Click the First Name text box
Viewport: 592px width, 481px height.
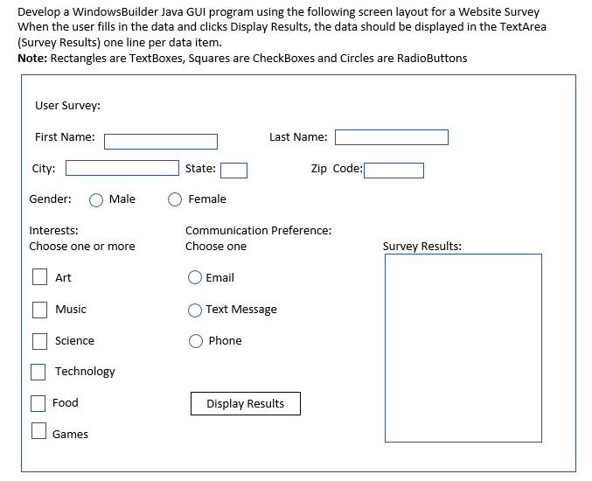pyautogui.click(x=161, y=141)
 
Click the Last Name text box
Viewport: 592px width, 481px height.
pyautogui.click(x=391, y=137)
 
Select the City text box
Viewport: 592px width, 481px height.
pyautogui.click(x=122, y=168)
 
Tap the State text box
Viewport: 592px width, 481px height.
pyautogui.click(x=233, y=170)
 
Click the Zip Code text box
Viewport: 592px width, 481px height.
pyautogui.click(x=394, y=170)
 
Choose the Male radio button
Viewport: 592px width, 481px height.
pyautogui.click(x=96, y=199)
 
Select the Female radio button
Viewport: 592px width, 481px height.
pyautogui.click(x=175, y=199)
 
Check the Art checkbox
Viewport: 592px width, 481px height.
pyautogui.click(x=39, y=277)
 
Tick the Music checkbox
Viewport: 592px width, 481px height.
pyautogui.click(x=39, y=310)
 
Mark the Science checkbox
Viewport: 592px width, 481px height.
pyautogui.click(x=39, y=341)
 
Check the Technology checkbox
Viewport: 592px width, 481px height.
pyautogui.click(x=38, y=372)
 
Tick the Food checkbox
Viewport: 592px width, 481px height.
pyautogui.click(x=38, y=403)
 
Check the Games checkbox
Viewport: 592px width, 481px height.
pyautogui.click(x=38, y=430)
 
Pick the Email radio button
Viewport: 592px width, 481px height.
pyautogui.click(x=195, y=278)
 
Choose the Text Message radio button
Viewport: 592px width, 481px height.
pyautogui.click(x=195, y=310)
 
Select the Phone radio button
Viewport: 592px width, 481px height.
pyautogui.click(x=196, y=341)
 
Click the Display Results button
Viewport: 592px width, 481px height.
pyautogui.click(x=245, y=403)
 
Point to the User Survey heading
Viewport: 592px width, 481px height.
pyautogui.click(x=67, y=106)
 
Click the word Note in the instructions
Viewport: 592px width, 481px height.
pyautogui.click(x=32, y=58)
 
